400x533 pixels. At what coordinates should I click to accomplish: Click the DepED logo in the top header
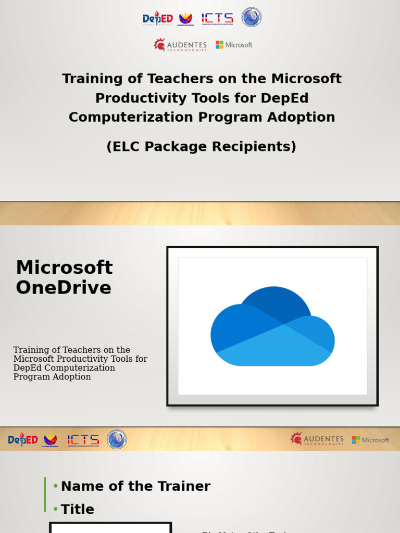tap(157, 19)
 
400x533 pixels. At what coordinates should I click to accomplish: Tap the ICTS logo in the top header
tap(217, 19)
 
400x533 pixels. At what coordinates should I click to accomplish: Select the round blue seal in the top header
tap(251, 17)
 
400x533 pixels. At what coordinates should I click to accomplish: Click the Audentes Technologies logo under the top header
tap(180, 45)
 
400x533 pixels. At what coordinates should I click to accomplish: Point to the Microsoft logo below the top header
tap(234, 45)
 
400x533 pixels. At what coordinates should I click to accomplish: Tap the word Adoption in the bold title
tap(309, 117)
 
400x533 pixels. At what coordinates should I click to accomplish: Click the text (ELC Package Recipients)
tap(201, 147)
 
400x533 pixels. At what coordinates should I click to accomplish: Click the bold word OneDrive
tap(64, 287)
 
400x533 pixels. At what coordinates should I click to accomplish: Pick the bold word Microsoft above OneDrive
tap(64, 268)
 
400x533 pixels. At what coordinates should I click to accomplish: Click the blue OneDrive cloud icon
tap(272, 326)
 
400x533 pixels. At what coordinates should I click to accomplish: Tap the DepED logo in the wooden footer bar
tap(23, 440)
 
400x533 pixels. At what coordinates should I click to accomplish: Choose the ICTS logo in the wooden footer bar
tap(83, 440)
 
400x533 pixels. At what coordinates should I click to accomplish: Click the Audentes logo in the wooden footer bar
tap(317, 439)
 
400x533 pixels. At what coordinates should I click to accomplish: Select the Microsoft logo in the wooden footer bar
tap(370, 440)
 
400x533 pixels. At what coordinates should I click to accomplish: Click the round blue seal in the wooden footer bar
tap(117, 439)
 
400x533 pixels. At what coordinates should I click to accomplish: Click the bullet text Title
tap(78, 509)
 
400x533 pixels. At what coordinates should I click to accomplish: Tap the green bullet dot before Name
tap(56, 486)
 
